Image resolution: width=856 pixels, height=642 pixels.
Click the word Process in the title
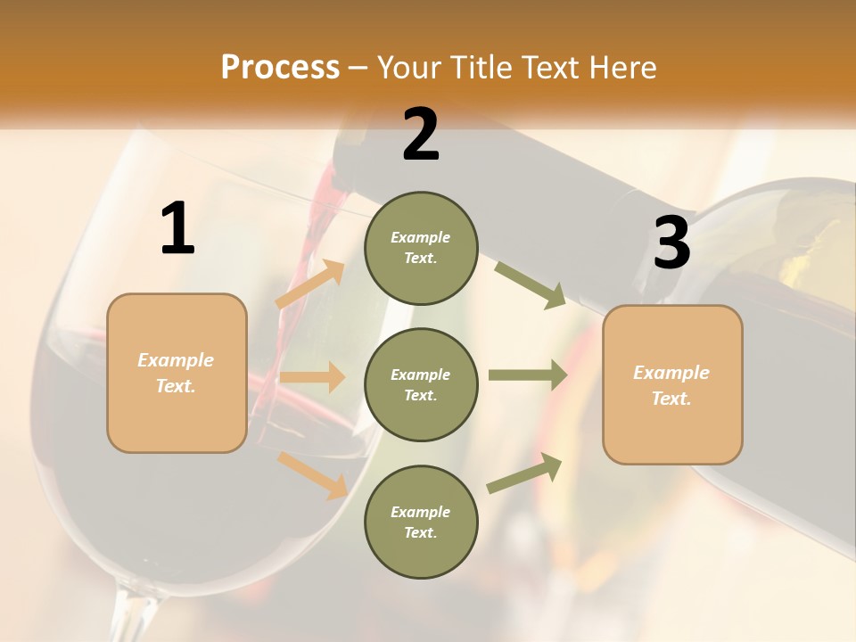[x=280, y=67]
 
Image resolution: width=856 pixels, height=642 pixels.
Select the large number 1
[x=177, y=229]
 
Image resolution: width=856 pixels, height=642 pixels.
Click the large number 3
[x=672, y=243]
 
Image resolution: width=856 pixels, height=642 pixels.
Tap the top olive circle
[x=421, y=248]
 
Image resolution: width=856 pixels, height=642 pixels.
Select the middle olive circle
[x=421, y=384]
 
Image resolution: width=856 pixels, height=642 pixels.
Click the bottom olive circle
[x=421, y=522]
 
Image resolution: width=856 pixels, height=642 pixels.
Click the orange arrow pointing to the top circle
[x=311, y=284]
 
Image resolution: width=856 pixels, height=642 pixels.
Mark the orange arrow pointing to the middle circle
[x=312, y=377]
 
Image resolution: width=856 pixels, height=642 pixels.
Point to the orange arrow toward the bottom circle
[x=313, y=474]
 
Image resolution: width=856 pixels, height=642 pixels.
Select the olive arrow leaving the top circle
[x=530, y=284]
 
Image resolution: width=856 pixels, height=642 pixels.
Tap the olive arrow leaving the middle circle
[x=527, y=374]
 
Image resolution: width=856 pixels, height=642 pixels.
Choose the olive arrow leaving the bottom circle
[x=525, y=473]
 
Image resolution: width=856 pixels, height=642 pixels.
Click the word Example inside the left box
[x=176, y=360]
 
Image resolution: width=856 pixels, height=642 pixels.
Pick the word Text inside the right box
[x=671, y=399]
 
